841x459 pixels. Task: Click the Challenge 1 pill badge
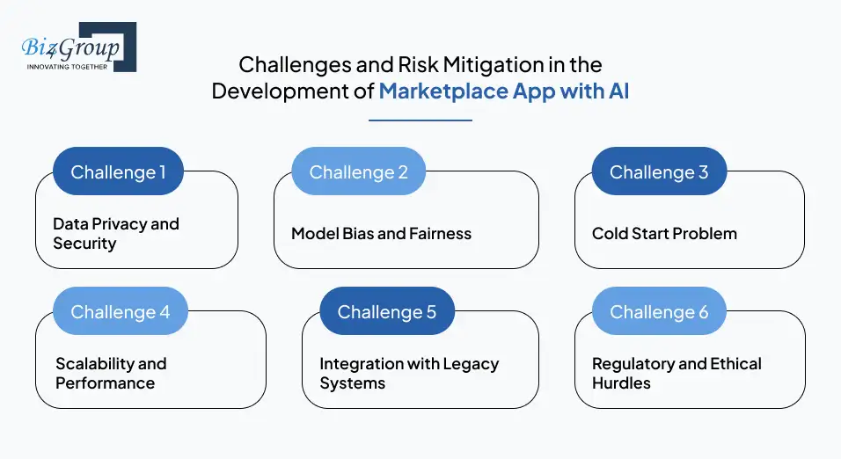118,171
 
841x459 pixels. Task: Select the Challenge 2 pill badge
358,171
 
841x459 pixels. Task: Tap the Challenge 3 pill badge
659,171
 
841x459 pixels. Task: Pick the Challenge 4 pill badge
120,311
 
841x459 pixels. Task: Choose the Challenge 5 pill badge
386,311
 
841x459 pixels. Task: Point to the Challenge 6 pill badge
659,311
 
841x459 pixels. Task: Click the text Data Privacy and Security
115,234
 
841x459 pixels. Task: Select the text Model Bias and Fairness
381,234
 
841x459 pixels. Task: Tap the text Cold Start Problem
664,234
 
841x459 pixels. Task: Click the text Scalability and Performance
111,374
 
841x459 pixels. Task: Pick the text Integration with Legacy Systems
409,374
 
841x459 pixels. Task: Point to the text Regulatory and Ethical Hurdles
676,374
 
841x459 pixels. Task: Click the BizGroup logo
77,46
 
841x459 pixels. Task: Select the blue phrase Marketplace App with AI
503,91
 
